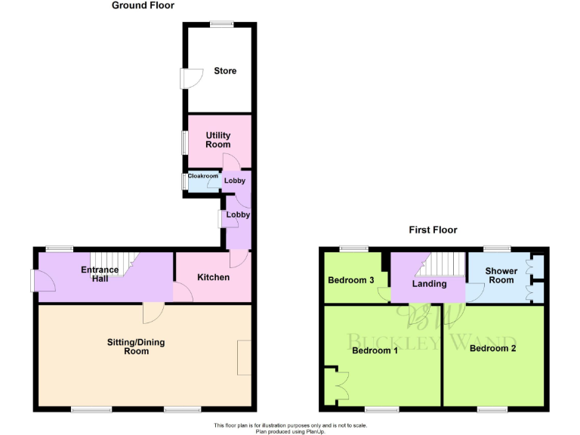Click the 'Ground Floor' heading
143,5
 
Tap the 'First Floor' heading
433,230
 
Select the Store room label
225,71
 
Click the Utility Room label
218,140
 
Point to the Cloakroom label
203,176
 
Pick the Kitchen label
213,277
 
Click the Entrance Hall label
100,274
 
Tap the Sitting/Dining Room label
136,347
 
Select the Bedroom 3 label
351,280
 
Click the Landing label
430,284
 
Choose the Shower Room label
501,276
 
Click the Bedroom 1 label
375,350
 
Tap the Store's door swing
188,79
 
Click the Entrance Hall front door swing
43,280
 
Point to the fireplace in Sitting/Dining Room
245,358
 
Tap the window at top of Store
222,23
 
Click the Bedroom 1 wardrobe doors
337,384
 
